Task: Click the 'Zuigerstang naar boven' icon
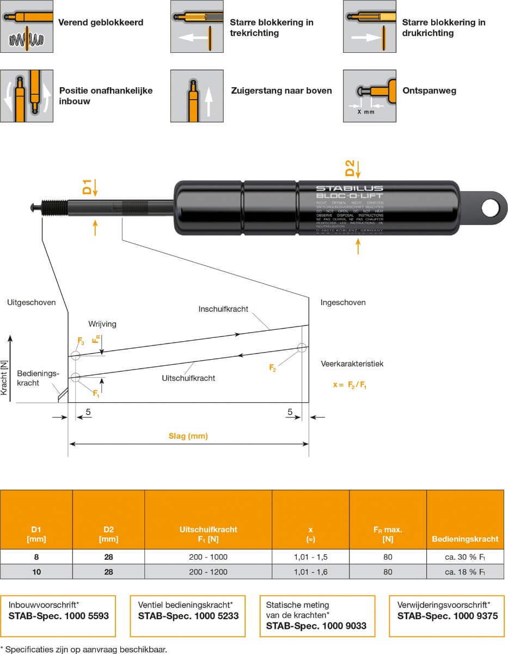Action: (x=197, y=96)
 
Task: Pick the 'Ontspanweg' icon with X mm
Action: (x=370, y=96)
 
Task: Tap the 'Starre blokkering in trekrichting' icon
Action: (x=197, y=26)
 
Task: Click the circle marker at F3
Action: (x=75, y=356)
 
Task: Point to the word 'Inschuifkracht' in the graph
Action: (x=223, y=309)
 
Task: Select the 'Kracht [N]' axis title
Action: (x=4, y=376)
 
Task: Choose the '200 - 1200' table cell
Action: (x=208, y=572)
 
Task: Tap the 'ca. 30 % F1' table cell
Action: (x=464, y=557)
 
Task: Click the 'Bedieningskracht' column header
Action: (x=465, y=539)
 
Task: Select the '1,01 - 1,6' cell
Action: (x=310, y=572)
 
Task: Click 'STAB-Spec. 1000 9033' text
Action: (x=316, y=626)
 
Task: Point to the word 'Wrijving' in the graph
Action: (x=102, y=324)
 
